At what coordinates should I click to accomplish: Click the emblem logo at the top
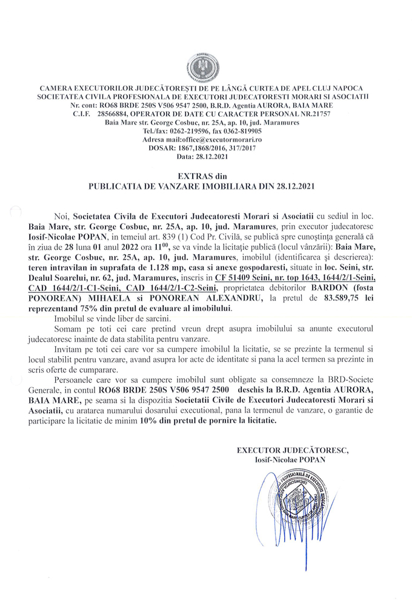click(206, 67)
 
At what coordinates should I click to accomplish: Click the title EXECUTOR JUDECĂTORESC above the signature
click(293, 450)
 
